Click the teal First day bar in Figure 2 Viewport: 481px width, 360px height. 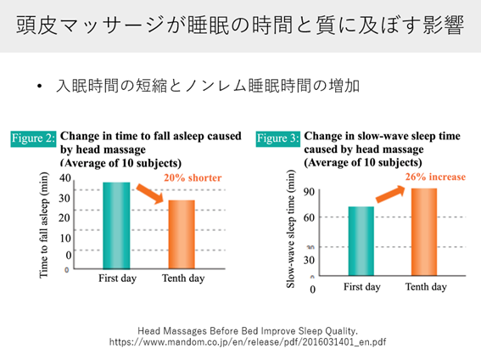tap(115, 225)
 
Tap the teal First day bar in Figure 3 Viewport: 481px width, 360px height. tap(361, 240)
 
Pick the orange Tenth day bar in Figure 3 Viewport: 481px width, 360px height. tap(425, 232)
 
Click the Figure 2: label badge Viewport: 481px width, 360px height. tap(33, 137)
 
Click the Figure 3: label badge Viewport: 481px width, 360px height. tap(278, 137)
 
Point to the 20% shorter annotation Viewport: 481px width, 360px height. tap(193, 178)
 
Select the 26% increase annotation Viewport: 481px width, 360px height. tap(433, 177)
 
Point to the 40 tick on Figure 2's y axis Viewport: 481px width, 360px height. tap(65, 178)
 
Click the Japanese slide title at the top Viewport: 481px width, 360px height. tap(240, 25)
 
